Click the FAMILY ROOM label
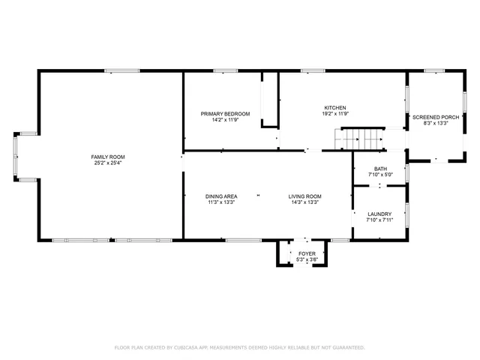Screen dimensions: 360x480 click(x=108, y=157)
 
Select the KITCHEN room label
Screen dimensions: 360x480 click(x=334, y=107)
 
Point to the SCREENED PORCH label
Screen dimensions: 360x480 click(x=436, y=118)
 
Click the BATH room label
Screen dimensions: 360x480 click(x=379, y=169)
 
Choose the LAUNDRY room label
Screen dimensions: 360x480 click(x=379, y=214)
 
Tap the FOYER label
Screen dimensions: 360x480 click(x=307, y=254)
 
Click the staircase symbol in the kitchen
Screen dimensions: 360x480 click(x=357, y=139)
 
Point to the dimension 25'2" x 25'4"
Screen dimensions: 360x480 click(x=108, y=163)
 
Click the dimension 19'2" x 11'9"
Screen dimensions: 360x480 click(x=334, y=113)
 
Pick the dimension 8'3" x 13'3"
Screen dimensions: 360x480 click(x=436, y=124)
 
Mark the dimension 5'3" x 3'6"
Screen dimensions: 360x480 click(x=307, y=259)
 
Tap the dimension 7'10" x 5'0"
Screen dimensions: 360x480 click(x=379, y=174)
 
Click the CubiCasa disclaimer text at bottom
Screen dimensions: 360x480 click(x=239, y=347)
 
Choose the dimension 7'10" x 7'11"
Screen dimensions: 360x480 click(x=379, y=220)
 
